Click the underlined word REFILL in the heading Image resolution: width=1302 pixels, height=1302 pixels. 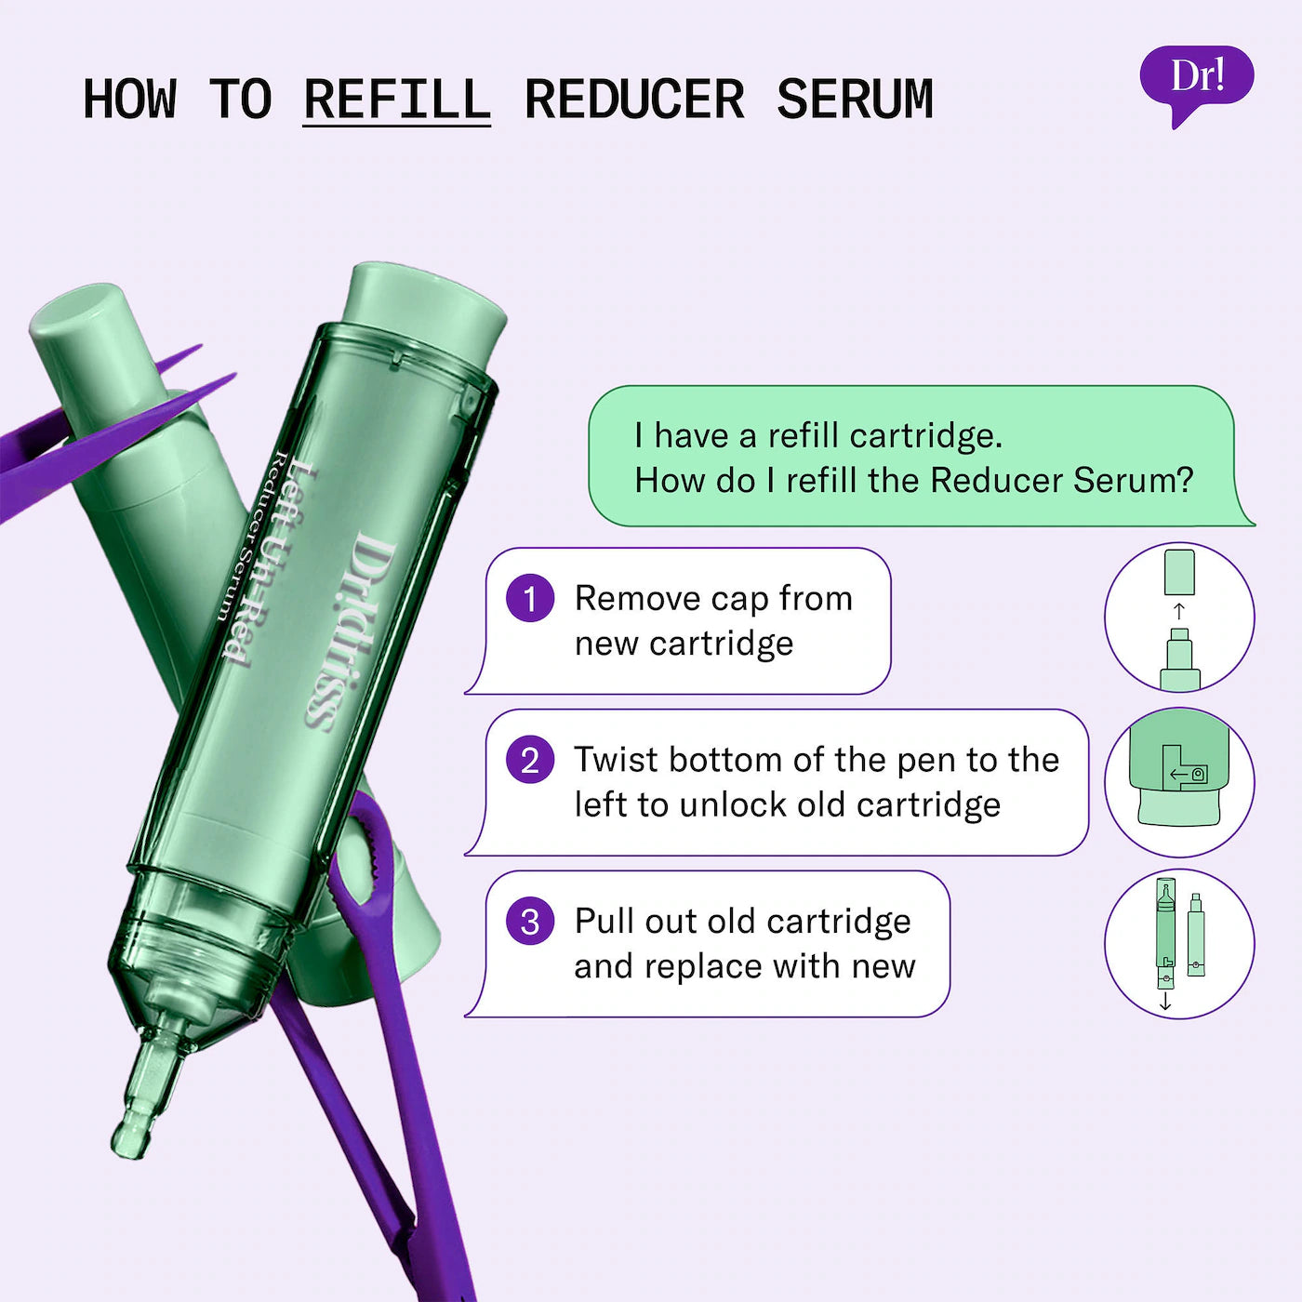397,100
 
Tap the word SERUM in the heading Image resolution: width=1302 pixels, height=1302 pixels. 855,100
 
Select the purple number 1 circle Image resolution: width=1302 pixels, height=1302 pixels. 530,598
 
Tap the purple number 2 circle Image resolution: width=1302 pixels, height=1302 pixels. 530,760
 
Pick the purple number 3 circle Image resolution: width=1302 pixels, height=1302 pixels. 530,922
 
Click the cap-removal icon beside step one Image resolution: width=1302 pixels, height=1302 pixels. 1179,618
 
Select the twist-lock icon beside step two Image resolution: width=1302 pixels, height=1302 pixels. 1179,781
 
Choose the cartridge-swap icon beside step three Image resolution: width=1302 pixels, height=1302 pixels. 1179,944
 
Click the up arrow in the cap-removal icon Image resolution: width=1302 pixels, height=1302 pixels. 1179,611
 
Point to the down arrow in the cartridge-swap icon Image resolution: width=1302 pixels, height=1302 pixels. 1165,1002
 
